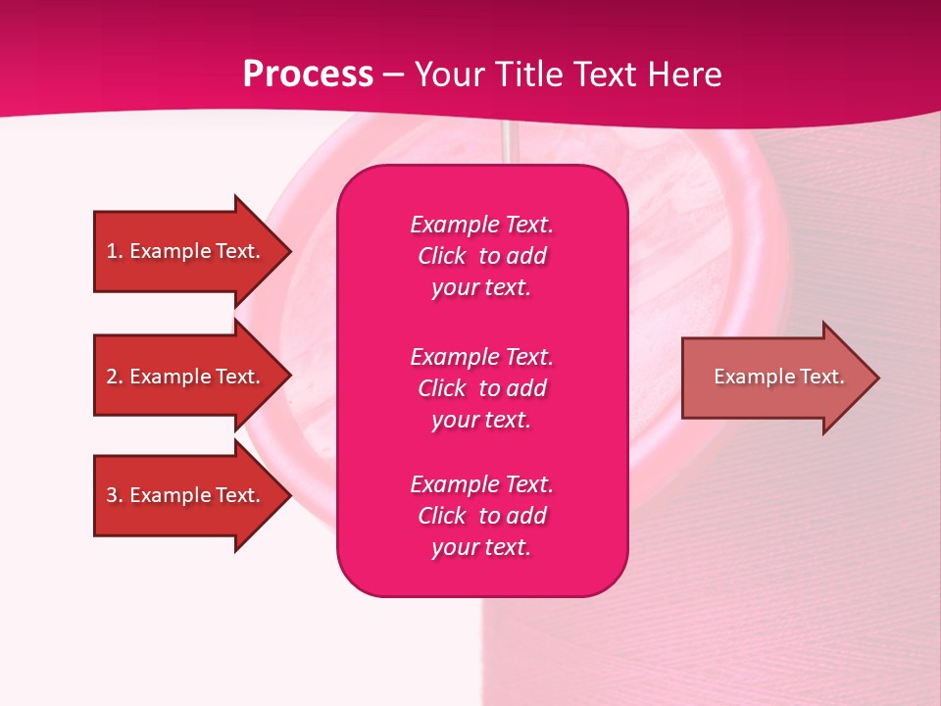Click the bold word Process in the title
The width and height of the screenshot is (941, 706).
coord(308,75)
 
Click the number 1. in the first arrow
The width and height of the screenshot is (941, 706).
coord(114,251)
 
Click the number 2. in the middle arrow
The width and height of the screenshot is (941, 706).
coord(114,377)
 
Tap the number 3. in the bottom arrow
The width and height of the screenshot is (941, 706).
coord(114,495)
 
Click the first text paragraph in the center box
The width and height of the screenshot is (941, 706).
coord(481,256)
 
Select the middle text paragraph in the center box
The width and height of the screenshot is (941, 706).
coord(481,388)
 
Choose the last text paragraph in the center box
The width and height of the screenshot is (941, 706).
coord(481,516)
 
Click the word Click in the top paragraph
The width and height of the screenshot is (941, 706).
coord(442,256)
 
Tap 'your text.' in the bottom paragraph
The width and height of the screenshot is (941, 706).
coord(481,547)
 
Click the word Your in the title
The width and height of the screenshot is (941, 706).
coord(448,75)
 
